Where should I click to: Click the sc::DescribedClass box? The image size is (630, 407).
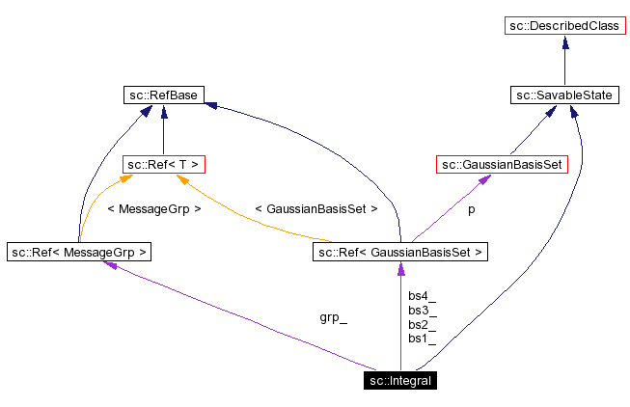564,25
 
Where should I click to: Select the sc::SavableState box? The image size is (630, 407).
564,95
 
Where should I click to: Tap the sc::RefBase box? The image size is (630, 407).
163,95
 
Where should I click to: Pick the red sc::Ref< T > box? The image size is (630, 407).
163,165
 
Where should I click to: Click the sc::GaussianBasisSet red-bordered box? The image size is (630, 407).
502,165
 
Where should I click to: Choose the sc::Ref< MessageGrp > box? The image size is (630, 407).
80,253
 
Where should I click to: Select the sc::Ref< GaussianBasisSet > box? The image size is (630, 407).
400,253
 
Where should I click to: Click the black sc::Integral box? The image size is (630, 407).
400,381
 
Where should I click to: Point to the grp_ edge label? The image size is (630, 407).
333,317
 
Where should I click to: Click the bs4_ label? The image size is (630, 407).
422,296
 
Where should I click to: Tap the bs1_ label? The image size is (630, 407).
422,339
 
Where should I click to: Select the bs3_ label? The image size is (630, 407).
422,311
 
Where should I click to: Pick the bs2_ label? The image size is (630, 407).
422,325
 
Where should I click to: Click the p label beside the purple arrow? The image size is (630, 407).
471,208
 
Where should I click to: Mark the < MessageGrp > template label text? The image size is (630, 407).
154,208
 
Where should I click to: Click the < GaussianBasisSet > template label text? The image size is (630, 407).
315,208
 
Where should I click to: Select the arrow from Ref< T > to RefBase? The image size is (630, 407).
163,130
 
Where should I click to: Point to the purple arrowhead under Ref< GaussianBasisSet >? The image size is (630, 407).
400,269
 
